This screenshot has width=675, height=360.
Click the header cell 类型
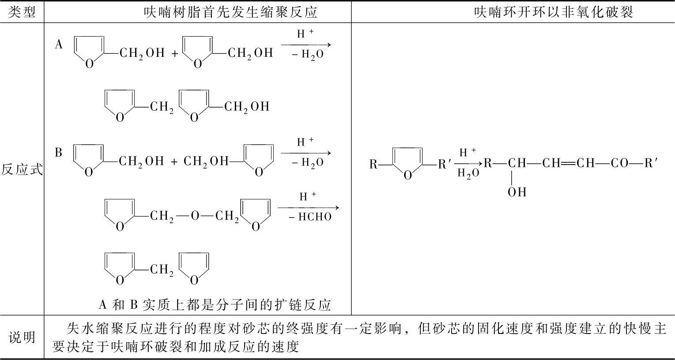(x=22, y=12)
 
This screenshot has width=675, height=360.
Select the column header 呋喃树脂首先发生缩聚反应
(x=230, y=12)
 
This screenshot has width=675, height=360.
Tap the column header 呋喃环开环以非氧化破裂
(x=554, y=12)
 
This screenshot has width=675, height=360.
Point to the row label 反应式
(x=22, y=169)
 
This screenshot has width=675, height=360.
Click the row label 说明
(x=22, y=337)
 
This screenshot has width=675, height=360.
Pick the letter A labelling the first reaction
(x=59, y=44)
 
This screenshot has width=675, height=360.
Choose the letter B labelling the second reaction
(x=59, y=153)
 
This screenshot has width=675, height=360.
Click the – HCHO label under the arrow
(x=310, y=217)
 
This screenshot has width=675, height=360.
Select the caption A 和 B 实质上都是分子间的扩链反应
(x=215, y=305)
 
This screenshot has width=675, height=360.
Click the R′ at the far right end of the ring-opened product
(x=651, y=164)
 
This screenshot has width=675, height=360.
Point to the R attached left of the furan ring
(x=373, y=165)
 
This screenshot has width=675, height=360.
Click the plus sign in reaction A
(x=175, y=54)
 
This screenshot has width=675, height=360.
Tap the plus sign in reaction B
(x=174, y=162)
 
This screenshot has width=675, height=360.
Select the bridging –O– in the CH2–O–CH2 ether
(x=195, y=216)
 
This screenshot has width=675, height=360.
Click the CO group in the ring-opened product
(x=620, y=164)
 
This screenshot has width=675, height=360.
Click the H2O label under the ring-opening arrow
(x=468, y=173)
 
